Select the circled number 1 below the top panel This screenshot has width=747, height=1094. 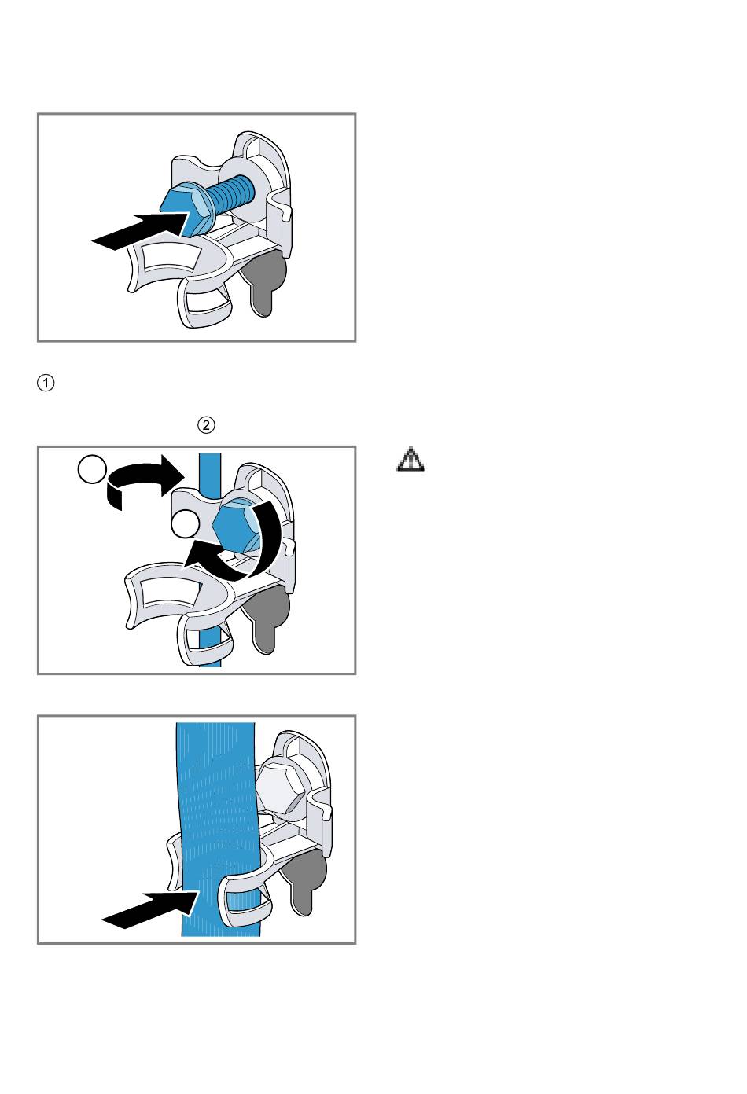(46, 383)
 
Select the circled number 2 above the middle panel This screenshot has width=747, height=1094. (206, 425)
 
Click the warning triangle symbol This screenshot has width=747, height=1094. (410, 460)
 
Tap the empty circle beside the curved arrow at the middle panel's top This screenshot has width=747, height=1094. (92, 470)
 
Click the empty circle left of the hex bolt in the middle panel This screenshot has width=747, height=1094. (186, 524)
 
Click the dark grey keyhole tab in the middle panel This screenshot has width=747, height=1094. (267, 617)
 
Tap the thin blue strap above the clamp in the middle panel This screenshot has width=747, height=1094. (210, 474)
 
